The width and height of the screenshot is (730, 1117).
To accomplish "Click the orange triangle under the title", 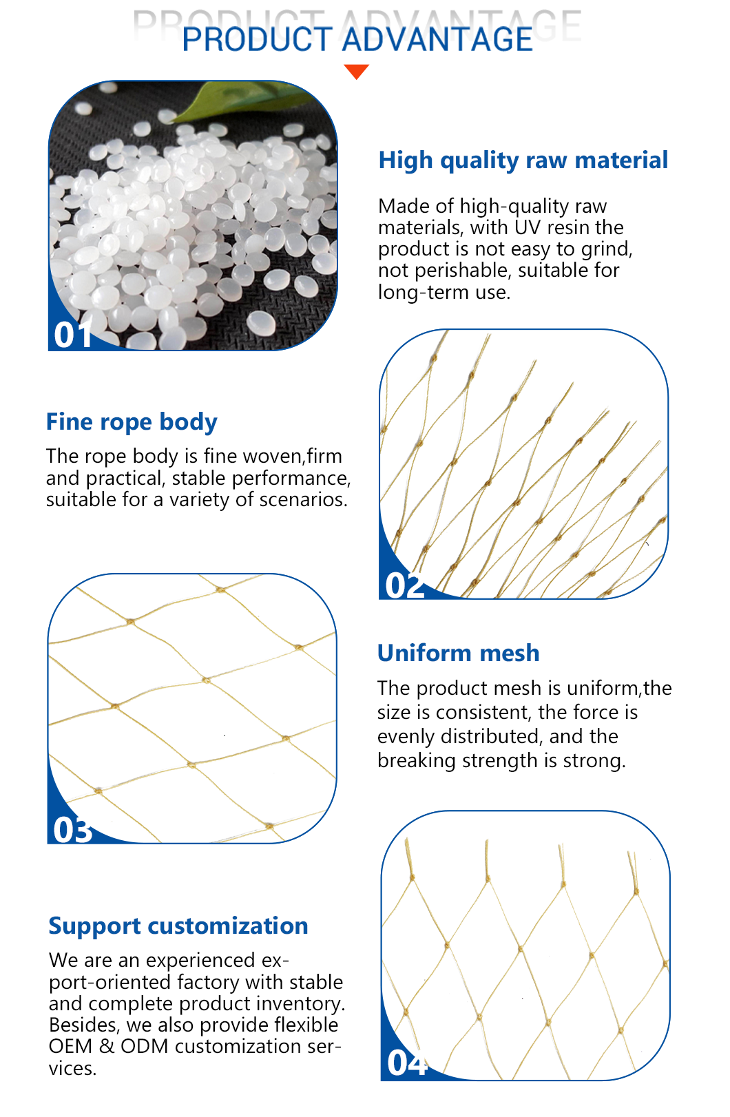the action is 356,71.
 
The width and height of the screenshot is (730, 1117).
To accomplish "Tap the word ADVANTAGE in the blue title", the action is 437,39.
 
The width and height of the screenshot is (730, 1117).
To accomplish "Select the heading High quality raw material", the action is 523,160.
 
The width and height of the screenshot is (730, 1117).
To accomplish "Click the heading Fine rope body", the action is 132,422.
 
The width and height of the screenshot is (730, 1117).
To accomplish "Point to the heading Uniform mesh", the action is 458,653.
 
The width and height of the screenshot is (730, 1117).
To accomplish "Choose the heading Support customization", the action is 178,926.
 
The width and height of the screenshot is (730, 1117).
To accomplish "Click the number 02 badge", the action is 404,585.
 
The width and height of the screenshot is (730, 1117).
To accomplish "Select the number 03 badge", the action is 73,830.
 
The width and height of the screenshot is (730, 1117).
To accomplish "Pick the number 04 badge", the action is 407,1063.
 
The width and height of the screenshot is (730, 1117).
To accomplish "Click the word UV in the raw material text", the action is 528,228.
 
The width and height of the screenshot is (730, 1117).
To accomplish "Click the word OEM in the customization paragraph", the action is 70,1046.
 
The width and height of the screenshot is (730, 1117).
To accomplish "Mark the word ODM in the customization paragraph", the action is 144,1046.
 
